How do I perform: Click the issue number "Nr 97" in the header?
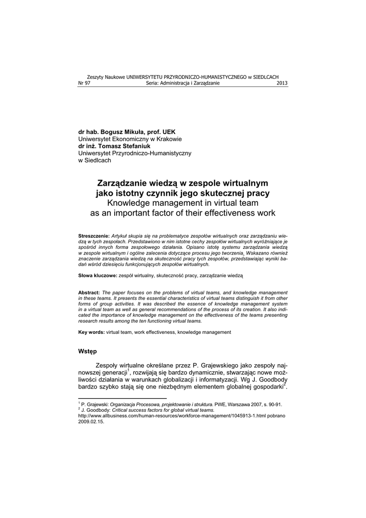coord(84,83)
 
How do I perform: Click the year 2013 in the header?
coord(282,83)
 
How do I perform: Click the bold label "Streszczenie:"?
coord(94,236)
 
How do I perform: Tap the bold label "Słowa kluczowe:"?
coord(98,275)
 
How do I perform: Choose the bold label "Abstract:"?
coord(89,293)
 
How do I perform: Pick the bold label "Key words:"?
coord(91,332)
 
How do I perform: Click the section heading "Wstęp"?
coord(87,351)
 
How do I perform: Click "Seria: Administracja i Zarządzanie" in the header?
coord(182,83)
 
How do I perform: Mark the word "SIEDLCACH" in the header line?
coord(265,77)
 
